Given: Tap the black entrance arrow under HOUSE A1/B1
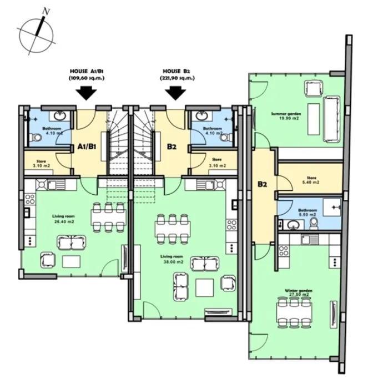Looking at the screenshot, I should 86,93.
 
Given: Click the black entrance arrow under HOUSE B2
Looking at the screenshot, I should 177,93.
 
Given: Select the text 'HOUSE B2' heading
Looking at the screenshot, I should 177,72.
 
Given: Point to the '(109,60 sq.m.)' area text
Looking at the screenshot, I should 87,79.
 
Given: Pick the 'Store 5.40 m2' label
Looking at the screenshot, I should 311,180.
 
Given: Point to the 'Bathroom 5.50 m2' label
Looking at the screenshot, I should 306,213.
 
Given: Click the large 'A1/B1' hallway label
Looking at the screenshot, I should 86,147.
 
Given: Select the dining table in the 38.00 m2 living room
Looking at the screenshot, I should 172,228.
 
